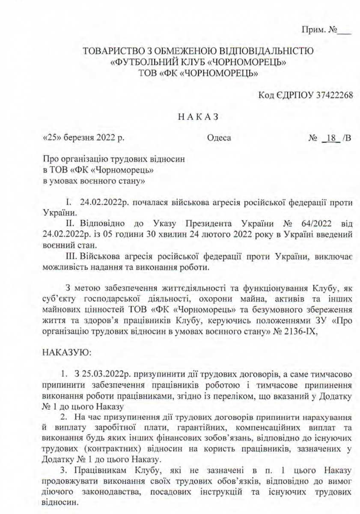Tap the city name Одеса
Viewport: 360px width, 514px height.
pyautogui.click(x=219, y=138)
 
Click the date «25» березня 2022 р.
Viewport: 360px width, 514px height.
pyautogui.click(x=84, y=138)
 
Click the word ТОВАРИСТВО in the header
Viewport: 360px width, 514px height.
pyautogui.click(x=112, y=52)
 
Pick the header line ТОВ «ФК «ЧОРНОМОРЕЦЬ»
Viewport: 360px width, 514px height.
pyautogui.click(x=198, y=74)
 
